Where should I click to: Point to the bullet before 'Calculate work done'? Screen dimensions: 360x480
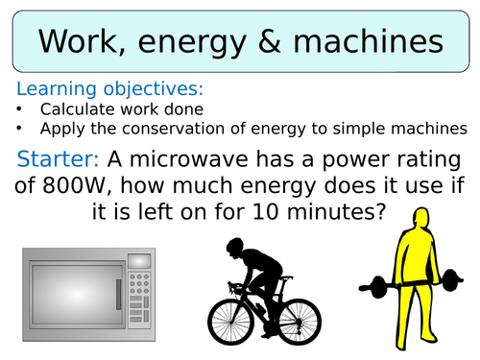click(x=19, y=109)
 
